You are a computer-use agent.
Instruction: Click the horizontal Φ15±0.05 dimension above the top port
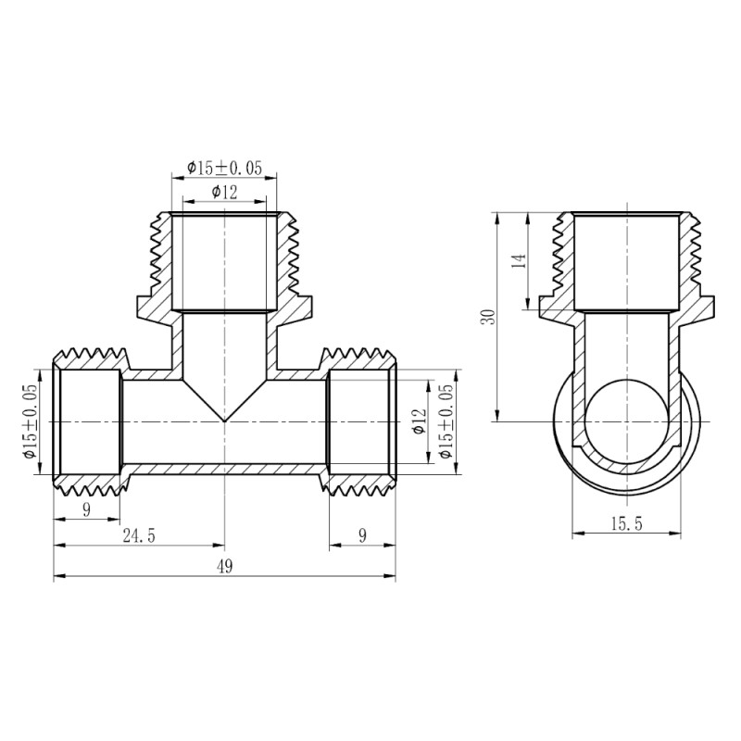pyautogui.click(x=224, y=168)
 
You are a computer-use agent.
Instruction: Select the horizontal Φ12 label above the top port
pyautogui.click(x=224, y=192)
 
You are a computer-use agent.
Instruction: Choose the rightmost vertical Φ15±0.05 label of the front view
pyautogui.click(x=448, y=421)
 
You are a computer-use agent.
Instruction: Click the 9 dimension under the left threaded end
pyautogui.click(x=86, y=509)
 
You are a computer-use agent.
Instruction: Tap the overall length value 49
pyautogui.click(x=224, y=567)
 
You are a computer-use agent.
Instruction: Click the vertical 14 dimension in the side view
pyautogui.click(x=519, y=261)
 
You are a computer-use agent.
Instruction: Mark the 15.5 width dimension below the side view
pyautogui.click(x=626, y=524)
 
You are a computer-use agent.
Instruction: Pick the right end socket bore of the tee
pyautogui.click(x=361, y=421)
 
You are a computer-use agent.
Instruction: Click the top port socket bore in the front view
pyautogui.click(x=224, y=262)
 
